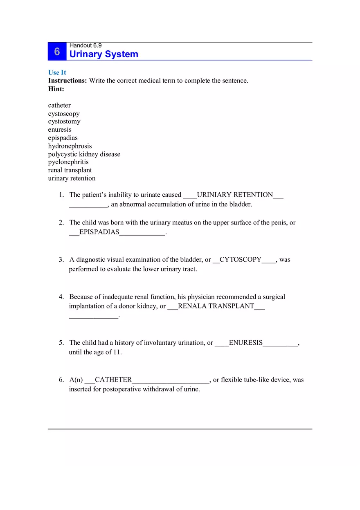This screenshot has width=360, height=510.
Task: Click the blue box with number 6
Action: [x=57, y=52]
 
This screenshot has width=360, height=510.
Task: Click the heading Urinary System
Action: [x=103, y=54]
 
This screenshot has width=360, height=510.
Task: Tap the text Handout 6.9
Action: [x=85, y=45]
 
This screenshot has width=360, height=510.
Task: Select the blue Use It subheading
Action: [x=57, y=72]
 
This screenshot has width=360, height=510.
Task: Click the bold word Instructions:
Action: [x=67, y=81]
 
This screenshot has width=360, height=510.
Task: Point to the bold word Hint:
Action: [x=56, y=89]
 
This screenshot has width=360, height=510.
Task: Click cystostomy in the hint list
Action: [x=64, y=121]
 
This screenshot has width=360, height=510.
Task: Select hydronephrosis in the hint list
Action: [x=70, y=146]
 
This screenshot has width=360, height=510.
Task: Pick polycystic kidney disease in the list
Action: [x=84, y=154]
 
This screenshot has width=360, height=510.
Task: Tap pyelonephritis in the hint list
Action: [x=68, y=162]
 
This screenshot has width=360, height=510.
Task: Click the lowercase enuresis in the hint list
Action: [x=60, y=130]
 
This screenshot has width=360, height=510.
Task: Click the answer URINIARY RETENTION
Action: [x=235, y=195]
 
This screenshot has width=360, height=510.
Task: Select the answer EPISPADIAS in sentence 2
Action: [x=99, y=232]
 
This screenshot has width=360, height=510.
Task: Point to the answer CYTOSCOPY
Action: [x=241, y=260]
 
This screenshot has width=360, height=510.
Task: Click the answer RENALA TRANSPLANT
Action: [x=216, y=306]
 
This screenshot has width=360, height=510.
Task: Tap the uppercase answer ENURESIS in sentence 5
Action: [x=245, y=343]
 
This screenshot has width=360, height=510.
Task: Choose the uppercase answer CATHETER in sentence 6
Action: [x=113, y=380]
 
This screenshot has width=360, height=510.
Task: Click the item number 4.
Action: [x=61, y=297]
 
